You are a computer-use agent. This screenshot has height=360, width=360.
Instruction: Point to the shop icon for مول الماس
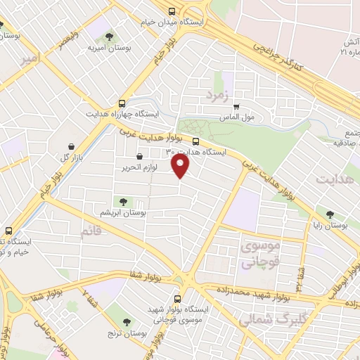click(x=236, y=108)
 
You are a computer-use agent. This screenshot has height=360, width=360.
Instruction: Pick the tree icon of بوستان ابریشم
click(x=124, y=201)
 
